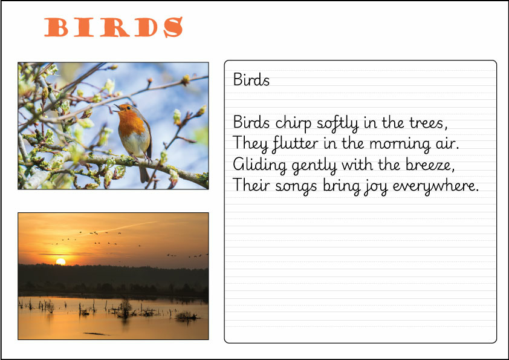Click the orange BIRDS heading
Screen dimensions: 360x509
114,27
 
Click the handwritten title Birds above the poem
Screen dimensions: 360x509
251,80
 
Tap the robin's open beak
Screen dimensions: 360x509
115,108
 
